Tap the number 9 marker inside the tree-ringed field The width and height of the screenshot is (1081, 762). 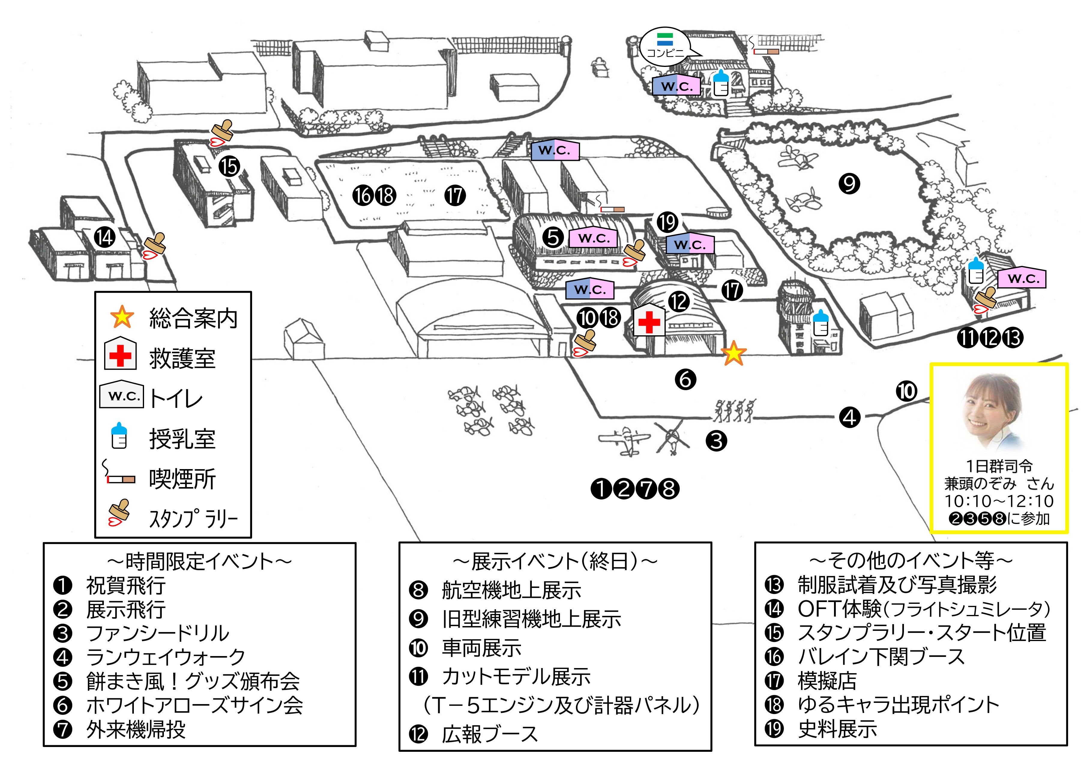point(849,184)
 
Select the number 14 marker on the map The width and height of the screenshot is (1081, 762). point(104,237)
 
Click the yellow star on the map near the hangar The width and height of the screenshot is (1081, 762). point(733,354)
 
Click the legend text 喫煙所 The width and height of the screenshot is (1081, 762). point(182,479)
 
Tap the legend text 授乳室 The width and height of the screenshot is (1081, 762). point(182,439)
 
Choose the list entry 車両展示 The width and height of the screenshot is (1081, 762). point(481,648)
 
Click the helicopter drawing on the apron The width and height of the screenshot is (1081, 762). point(672,438)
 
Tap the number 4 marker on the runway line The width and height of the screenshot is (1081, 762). point(849,417)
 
